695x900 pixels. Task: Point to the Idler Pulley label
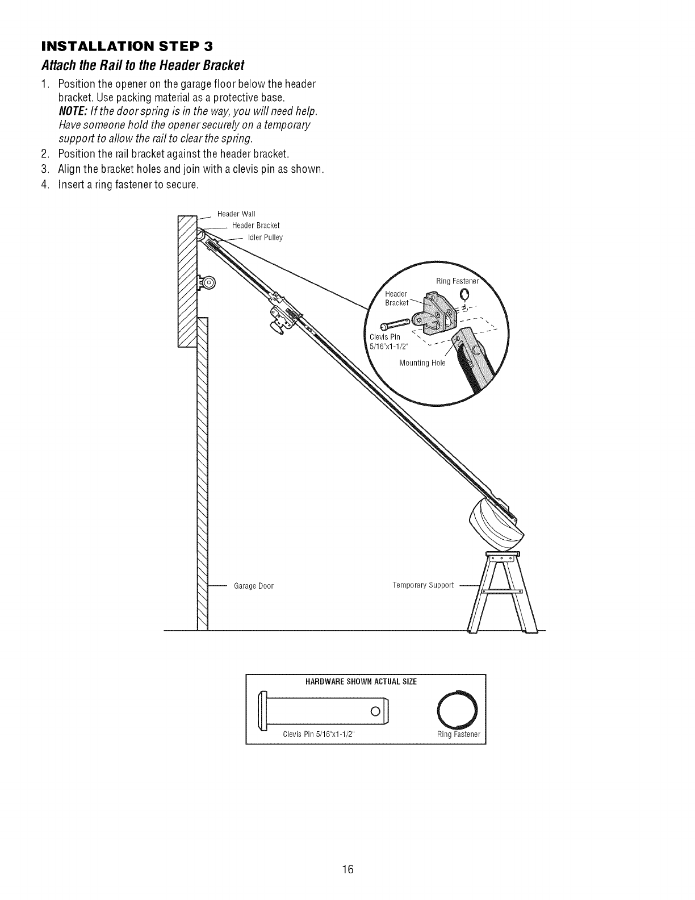click(265, 238)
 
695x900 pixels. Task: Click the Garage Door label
click(254, 586)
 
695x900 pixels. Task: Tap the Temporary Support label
click(423, 585)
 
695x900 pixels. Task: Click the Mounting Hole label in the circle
click(422, 363)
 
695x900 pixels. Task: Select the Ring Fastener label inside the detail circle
click(457, 281)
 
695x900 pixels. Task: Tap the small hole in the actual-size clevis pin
click(375, 711)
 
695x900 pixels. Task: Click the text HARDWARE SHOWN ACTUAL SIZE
click(365, 682)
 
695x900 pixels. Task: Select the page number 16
click(347, 853)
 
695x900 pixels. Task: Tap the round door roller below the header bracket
click(208, 282)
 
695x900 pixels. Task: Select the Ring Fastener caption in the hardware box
click(459, 734)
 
